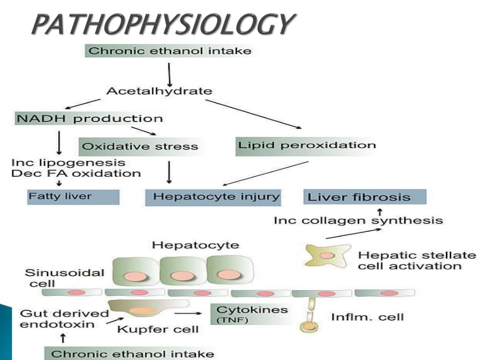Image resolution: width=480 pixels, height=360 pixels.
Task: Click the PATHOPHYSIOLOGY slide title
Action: (164, 24)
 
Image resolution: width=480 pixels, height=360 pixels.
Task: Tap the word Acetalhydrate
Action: (159, 90)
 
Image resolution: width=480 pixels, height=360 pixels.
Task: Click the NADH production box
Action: (89, 118)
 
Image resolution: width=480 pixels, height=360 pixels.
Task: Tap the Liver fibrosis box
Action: (365, 197)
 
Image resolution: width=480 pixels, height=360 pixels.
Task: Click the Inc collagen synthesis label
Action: (358, 220)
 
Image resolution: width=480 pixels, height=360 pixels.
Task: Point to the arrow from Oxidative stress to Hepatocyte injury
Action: (169, 172)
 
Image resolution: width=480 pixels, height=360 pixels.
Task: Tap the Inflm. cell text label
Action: (367, 317)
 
